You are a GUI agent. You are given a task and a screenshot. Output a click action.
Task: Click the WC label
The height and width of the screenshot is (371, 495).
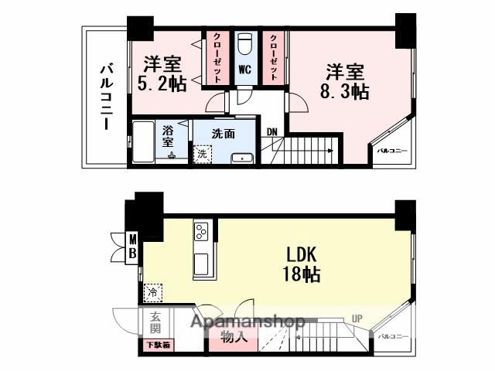coord(244,70)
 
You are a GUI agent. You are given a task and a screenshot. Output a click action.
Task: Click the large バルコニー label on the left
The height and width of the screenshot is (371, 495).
coord(106,97)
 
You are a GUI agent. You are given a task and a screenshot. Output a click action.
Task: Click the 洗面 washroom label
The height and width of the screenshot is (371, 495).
coord(224,133)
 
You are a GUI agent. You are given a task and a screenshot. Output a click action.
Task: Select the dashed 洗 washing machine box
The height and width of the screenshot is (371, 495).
coord(201,154)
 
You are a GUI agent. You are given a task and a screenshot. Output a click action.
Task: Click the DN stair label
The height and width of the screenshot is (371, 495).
coord(272,131)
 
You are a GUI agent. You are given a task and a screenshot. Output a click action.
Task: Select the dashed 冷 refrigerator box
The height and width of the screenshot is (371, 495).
coord(152,293)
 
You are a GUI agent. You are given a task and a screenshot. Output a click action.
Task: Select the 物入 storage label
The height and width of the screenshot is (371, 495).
coord(234,337)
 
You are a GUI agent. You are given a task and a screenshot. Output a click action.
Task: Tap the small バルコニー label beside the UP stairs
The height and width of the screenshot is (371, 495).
coord(393,337)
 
